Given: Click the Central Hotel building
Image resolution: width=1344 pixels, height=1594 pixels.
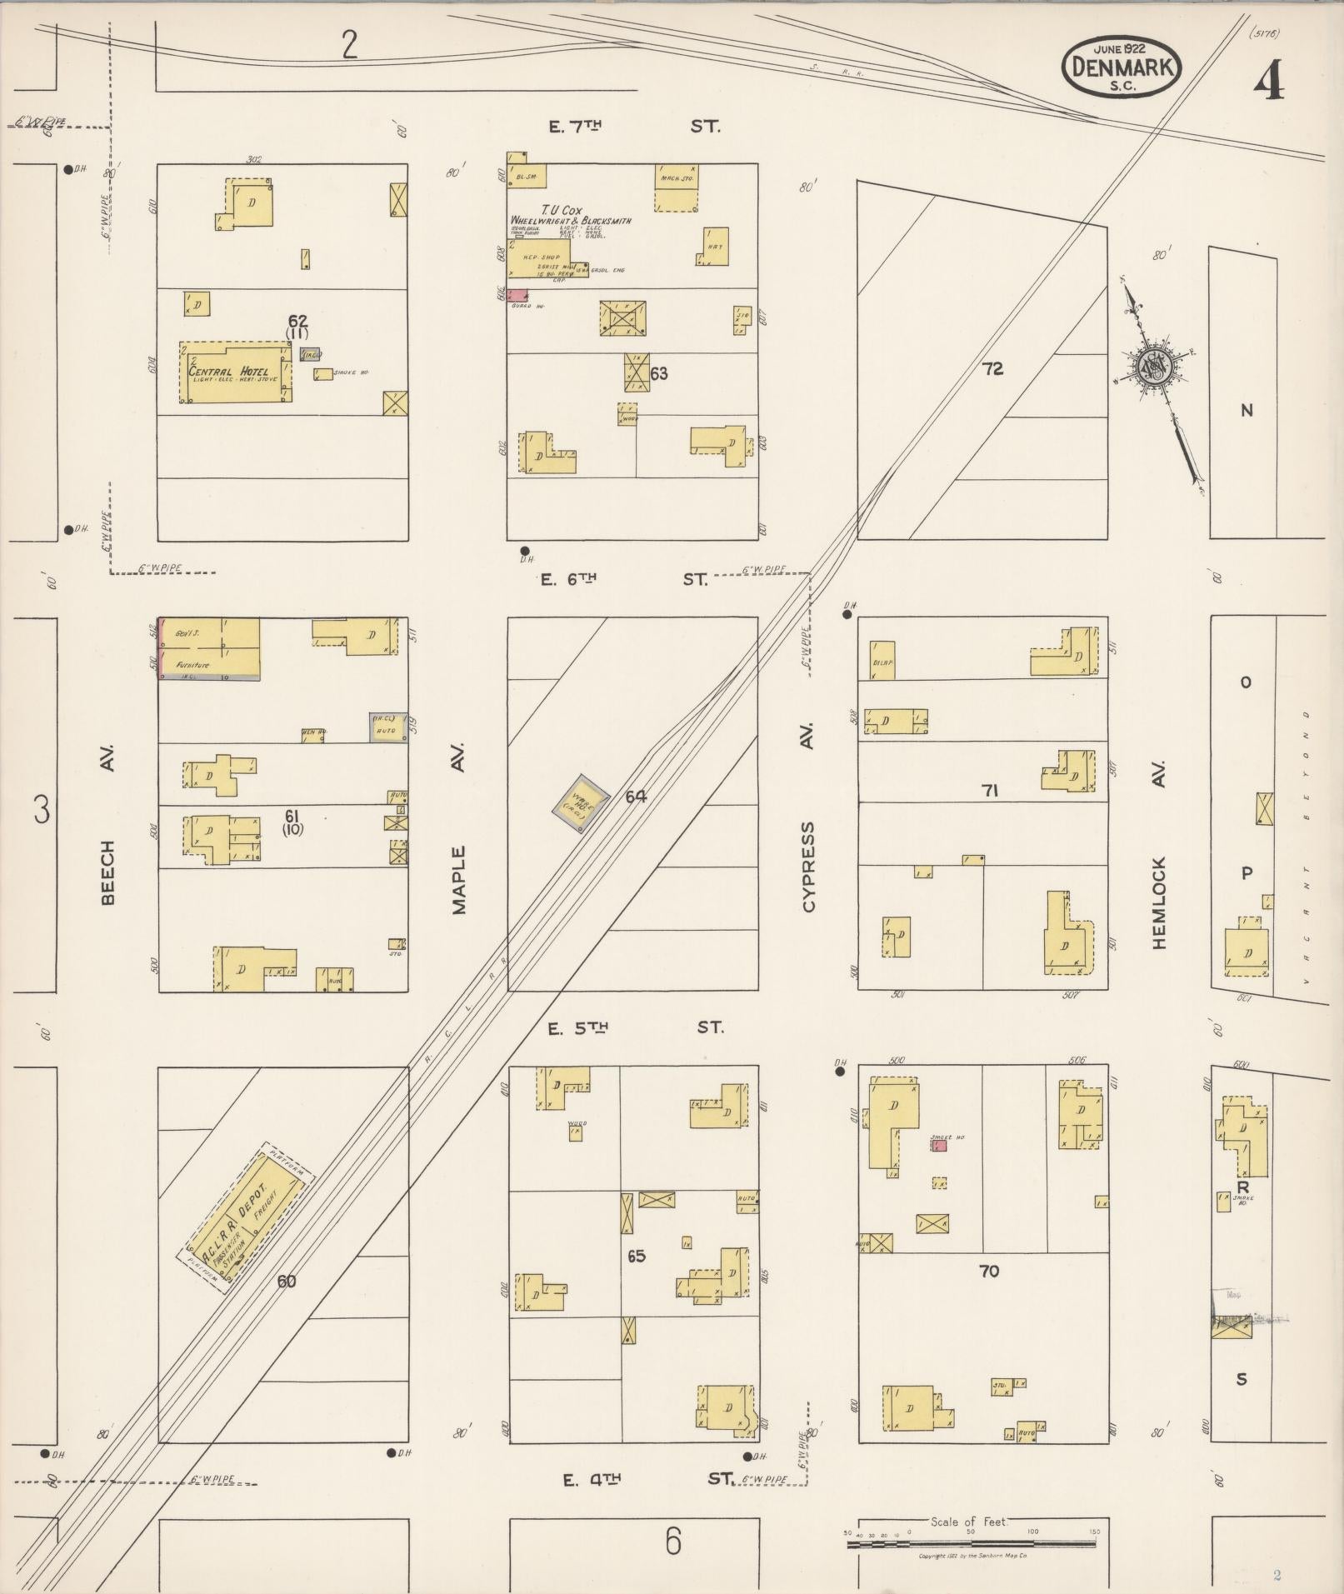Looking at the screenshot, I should [x=236, y=372].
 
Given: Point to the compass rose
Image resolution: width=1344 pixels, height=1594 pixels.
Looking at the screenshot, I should [x=1157, y=367].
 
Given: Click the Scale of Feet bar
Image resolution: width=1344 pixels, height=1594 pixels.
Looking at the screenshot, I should [x=971, y=1543].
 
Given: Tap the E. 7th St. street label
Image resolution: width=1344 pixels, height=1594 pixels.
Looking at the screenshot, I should [x=633, y=127].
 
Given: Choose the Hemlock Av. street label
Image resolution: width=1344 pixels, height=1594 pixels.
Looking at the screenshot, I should [x=1159, y=857].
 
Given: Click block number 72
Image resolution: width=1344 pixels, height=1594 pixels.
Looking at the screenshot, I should [x=992, y=368].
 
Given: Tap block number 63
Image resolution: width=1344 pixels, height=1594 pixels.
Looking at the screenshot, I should [x=659, y=373].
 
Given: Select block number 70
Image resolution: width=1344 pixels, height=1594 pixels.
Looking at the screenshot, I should [x=989, y=1271].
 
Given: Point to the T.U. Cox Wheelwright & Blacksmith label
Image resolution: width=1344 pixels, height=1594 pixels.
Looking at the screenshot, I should [x=571, y=216].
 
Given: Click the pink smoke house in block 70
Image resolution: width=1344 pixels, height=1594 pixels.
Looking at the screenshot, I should [x=938, y=1146].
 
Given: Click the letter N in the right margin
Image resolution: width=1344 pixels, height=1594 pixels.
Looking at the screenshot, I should [x=1247, y=410].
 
